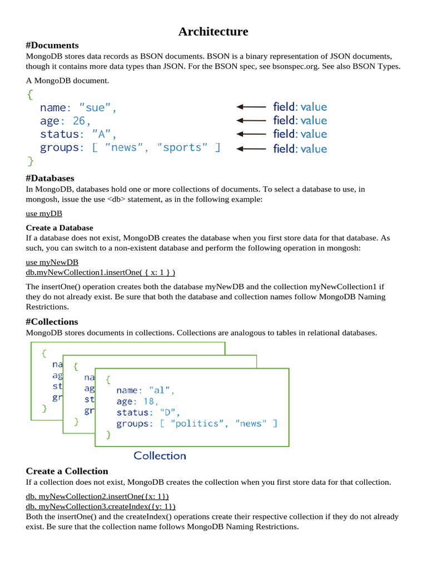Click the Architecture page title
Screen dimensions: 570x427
click(x=213, y=32)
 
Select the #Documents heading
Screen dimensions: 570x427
click(x=52, y=45)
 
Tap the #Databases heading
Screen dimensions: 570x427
click(x=50, y=178)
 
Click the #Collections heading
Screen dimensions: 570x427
click(x=52, y=322)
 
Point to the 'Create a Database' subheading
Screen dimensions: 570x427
click(x=59, y=228)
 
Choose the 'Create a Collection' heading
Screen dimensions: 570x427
click(x=67, y=471)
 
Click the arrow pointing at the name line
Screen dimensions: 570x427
click(x=251, y=106)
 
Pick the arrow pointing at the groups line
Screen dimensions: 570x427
click(x=251, y=149)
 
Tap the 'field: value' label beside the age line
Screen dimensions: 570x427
click(x=300, y=120)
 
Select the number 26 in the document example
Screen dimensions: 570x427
click(x=79, y=121)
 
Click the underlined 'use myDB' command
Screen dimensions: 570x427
click(x=44, y=213)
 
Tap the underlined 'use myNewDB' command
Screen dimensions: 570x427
click(x=52, y=262)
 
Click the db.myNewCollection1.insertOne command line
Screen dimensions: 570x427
click(x=101, y=272)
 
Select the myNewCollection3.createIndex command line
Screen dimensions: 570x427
click(x=101, y=506)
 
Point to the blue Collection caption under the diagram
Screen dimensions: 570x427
click(x=160, y=456)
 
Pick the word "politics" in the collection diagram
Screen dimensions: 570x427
click(x=195, y=424)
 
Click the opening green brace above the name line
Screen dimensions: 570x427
click(x=29, y=95)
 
